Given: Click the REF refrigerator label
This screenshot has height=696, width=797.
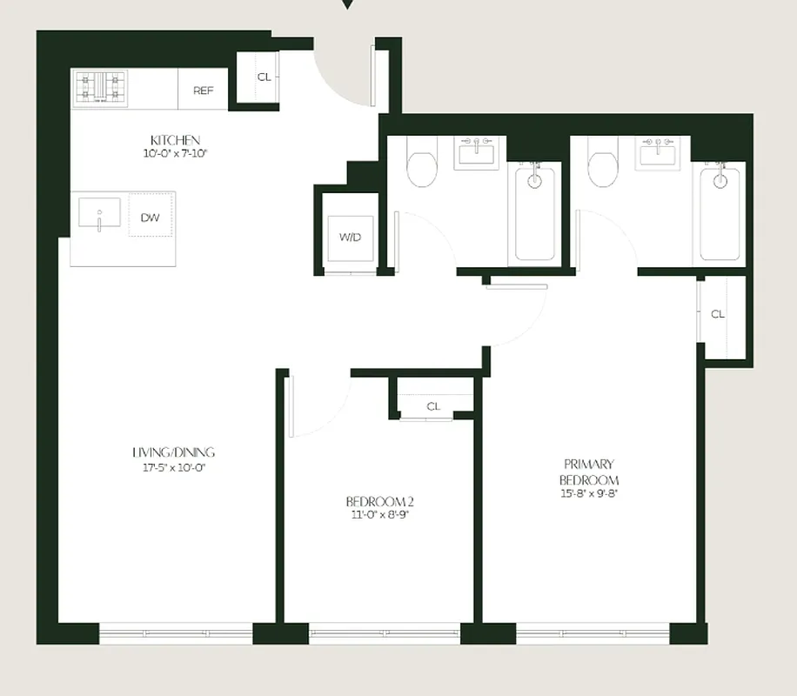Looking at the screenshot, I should pyautogui.click(x=203, y=90).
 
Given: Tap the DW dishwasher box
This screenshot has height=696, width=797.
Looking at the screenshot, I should pyautogui.click(x=151, y=217).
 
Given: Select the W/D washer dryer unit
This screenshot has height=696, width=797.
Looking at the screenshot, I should pyautogui.click(x=351, y=237).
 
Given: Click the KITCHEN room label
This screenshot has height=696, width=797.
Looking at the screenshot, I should pyautogui.click(x=175, y=140).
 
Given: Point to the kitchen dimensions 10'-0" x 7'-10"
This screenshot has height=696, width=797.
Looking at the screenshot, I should pyautogui.click(x=175, y=154).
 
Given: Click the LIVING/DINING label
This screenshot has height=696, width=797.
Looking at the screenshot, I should pyautogui.click(x=173, y=452).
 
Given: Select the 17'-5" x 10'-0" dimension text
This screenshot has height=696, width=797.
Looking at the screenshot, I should pyautogui.click(x=173, y=467).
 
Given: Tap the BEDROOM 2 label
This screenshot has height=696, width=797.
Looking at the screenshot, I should pyautogui.click(x=377, y=501).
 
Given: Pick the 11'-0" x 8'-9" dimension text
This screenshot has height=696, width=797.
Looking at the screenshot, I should pyautogui.click(x=377, y=515).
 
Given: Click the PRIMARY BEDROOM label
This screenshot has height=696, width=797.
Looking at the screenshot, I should pyautogui.click(x=589, y=472).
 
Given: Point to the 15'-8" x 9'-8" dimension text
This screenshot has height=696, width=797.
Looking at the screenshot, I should pyautogui.click(x=589, y=494).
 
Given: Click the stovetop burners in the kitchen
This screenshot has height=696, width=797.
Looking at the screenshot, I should pyautogui.click(x=100, y=88).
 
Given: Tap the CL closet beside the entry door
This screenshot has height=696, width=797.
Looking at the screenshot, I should pyautogui.click(x=264, y=77).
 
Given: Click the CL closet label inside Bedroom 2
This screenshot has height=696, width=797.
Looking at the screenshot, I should pyautogui.click(x=433, y=406).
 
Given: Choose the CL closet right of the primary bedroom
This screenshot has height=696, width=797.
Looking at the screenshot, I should pyautogui.click(x=718, y=314).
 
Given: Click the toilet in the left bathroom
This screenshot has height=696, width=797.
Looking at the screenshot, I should pyautogui.click(x=422, y=169).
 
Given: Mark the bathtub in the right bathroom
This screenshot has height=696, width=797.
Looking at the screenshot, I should pyautogui.click(x=720, y=212).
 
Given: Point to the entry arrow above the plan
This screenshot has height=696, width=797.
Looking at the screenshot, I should pyautogui.click(x=347, y=4).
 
